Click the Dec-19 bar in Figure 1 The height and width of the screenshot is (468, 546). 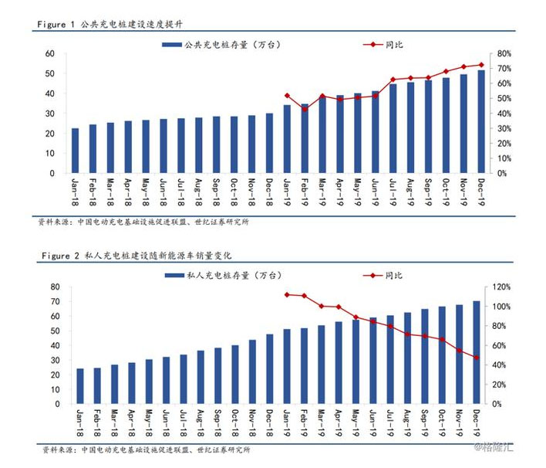click(481, 121)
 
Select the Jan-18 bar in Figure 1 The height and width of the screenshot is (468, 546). click(75, 151)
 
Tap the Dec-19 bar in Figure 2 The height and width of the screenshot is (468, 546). click(476, 352)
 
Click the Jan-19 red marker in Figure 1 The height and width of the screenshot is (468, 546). click(287, 96)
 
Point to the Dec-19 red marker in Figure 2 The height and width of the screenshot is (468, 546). click(476, 358)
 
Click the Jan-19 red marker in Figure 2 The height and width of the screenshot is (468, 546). click(287, 294)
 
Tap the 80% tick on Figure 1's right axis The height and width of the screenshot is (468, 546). click(506, 53)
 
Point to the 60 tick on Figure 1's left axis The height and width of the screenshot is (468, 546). click(49, 53)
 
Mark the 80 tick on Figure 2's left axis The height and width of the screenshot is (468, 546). click(56, 287)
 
